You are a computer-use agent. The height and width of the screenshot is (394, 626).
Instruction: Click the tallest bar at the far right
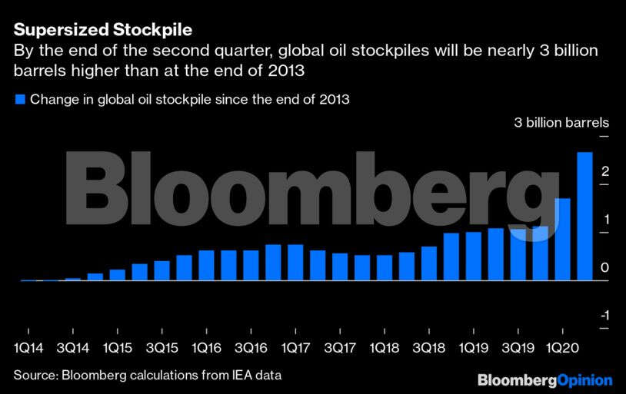click(x=584, y=216)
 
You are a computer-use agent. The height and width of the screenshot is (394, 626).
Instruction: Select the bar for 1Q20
click(x=562, y=239)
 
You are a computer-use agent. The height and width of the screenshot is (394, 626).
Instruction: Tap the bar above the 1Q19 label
click(x=473, y=256)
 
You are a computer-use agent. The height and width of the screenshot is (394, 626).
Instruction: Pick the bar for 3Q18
click(x=428, y=263)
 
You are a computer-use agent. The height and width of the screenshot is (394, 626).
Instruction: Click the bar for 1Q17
click(x=295, y=263)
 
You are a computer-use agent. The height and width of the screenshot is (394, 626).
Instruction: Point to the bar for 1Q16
click(x=206, y=265)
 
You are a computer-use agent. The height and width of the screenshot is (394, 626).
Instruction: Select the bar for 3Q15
click(x=161, y=270)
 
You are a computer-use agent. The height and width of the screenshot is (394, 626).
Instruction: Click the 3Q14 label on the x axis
click(x=72, y=348)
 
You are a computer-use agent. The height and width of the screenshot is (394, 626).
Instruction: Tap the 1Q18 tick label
click(x=385, y=348)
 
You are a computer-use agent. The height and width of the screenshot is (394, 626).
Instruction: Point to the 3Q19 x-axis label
click(x=518, y=348)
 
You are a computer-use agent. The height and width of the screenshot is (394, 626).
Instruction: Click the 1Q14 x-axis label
click(x=28, y=348)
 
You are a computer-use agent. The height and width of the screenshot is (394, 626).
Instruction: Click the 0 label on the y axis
click(x=605, y=267)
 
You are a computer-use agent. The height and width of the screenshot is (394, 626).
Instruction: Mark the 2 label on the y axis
click(x=605, y=171)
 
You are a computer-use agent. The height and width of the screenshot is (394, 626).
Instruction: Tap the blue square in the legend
click(x=20, y=99)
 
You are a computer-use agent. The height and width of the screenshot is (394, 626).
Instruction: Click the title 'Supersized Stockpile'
click(x=102, y=31)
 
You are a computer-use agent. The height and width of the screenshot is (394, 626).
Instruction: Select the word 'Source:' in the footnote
click(x=35, y=375)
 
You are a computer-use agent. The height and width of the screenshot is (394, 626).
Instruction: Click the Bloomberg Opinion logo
click(x=544, y=380)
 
